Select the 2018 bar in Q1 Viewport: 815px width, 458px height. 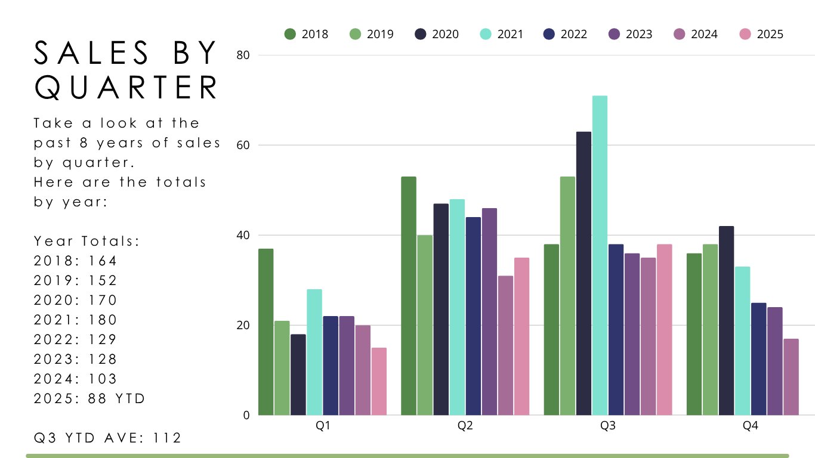266,332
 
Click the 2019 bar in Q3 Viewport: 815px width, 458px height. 567,296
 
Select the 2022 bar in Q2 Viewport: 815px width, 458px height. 473,316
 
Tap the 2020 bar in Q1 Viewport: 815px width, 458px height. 298,375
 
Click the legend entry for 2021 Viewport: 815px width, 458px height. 501,34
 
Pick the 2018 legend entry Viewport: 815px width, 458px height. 307,34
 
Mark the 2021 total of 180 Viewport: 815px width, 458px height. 101,320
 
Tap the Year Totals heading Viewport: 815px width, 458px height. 87,241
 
